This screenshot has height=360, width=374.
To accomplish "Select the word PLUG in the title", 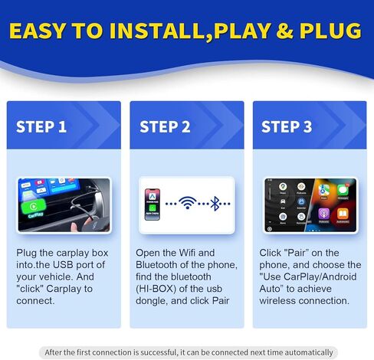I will click(x=328, y=31).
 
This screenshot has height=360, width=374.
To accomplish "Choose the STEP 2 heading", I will click(x=164, y=126).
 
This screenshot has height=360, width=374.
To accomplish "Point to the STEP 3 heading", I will click(x=287, y=126).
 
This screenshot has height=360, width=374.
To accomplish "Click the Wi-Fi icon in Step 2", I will click(x=186, y=203).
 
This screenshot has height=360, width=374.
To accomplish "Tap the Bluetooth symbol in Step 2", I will click(x=216, y=203).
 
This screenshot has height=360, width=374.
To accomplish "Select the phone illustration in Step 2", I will click(x=153, y=203).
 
